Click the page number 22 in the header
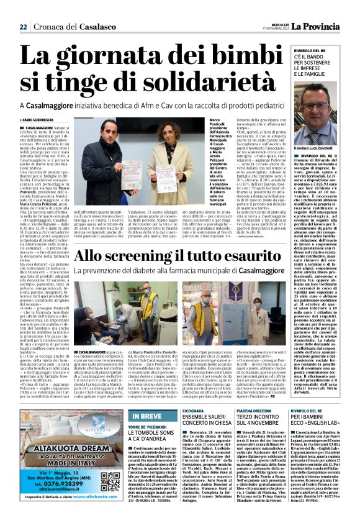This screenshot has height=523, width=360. tap(23, 27)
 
